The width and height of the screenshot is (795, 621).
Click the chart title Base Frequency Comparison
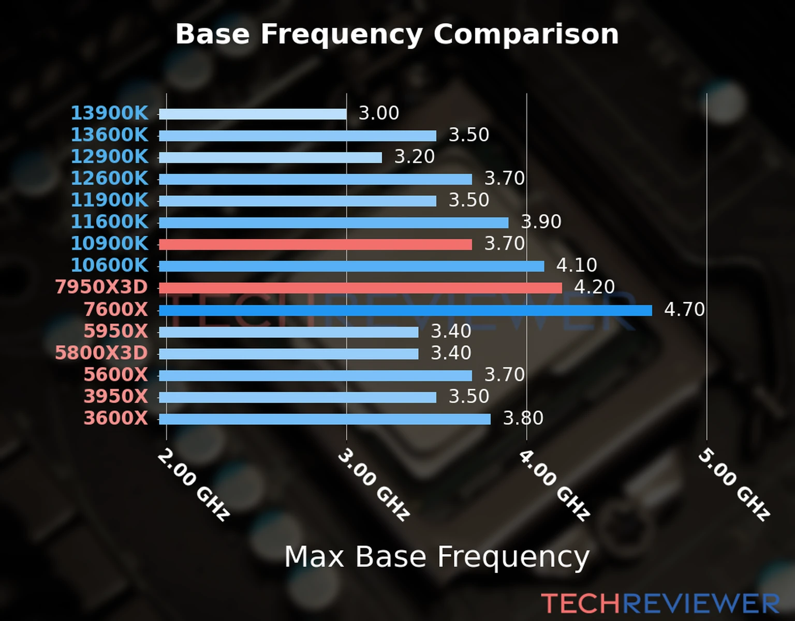(397, 34)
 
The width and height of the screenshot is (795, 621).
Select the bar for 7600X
(405, 310)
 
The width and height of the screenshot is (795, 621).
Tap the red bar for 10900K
(315, 244)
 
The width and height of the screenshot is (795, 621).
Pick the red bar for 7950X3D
(360, 288)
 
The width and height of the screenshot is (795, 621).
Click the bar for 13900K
(253, 114)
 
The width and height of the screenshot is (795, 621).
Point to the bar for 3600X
(325, 419)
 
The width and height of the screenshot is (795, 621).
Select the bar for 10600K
(351, 266)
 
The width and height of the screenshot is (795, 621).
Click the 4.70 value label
(684, 310)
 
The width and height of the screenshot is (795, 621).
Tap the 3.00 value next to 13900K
(379, 113)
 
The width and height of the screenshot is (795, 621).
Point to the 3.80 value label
(523, 418)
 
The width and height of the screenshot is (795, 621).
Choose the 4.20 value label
(595, 287)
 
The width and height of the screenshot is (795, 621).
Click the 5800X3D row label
(101, 353)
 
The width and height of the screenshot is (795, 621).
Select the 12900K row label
(109, 156)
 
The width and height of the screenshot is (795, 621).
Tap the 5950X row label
(116, 331)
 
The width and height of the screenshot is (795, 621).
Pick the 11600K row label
(109, 221)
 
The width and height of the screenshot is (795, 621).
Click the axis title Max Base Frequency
(437, 557)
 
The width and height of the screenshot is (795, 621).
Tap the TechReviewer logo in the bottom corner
(660, 604)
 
